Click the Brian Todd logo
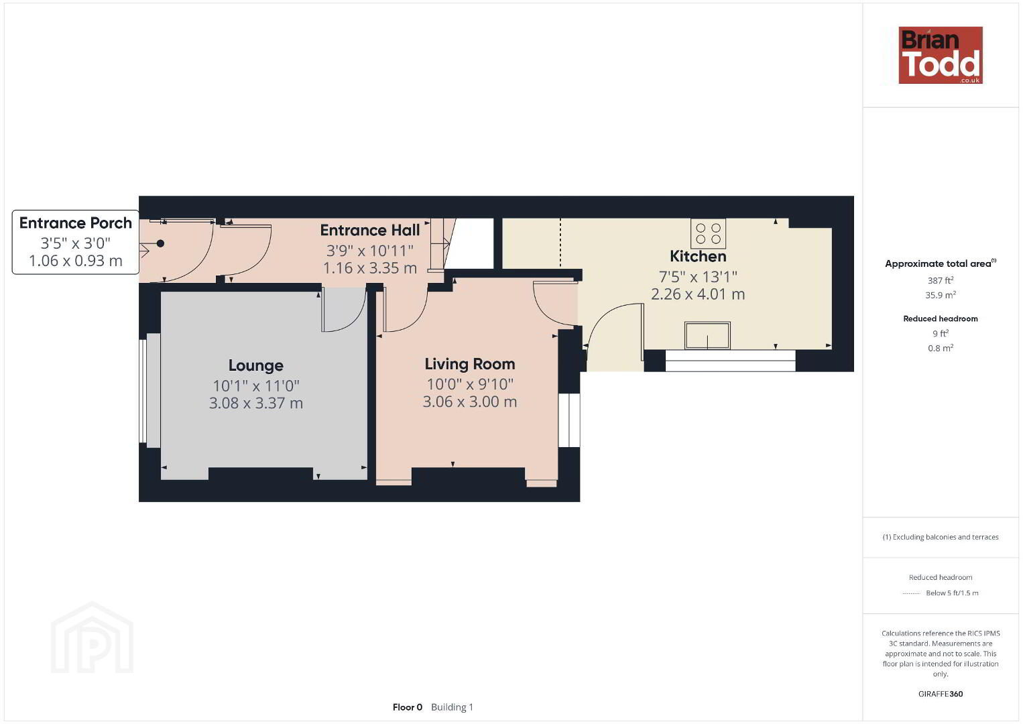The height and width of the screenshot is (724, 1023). [941, 55]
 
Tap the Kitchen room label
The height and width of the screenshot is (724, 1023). [698, 256]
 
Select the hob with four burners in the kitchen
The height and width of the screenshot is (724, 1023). [708, 233]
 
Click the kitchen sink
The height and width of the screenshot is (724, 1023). [707, 336]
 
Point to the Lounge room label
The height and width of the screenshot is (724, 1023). [256, 365]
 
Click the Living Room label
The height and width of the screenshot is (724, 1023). [470, 364]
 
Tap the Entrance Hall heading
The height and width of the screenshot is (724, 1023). [370, 230]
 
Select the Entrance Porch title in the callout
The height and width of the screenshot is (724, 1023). [75, 223]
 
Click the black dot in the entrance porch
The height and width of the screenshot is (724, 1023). [160, 243]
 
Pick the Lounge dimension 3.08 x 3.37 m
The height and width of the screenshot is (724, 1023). [256, 403]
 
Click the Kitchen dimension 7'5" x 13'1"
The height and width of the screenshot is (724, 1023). [698, 277]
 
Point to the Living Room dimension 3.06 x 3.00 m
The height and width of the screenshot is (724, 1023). [470, 402]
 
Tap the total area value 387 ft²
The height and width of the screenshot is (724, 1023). [941, 280]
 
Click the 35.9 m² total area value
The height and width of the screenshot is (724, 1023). [941, 295]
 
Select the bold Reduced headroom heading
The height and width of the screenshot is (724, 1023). [941, 319]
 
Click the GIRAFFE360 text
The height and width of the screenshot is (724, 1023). [941, 694]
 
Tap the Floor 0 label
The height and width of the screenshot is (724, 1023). [408, 707]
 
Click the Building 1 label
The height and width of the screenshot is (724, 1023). [452, 707]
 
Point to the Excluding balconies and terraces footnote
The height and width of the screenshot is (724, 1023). [941, 537]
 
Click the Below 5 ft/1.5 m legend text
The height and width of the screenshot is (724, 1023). [952, 593]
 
